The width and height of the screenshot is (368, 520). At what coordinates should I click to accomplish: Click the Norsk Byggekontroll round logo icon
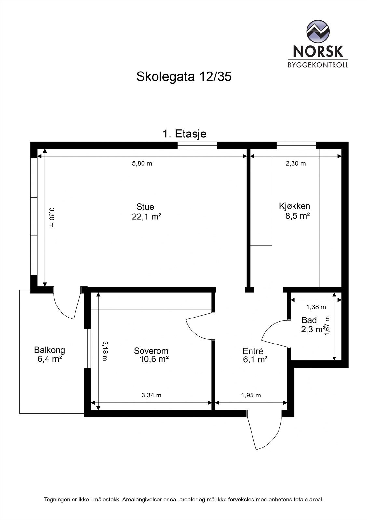point(318,31)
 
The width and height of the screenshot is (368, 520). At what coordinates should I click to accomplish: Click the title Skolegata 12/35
point(184,77)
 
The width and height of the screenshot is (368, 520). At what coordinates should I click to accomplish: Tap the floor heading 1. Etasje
point(184,134)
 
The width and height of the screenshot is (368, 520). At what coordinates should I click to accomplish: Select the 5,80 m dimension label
point(142,163)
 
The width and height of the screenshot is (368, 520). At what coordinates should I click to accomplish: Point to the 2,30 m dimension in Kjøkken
point(295,163)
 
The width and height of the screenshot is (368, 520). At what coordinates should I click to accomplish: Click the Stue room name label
point(145,207)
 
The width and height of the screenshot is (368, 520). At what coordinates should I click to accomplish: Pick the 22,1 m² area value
point(147,217)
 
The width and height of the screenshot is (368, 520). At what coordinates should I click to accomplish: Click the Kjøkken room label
point(294,206)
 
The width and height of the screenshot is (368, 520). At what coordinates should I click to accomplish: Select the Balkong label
point(50,350)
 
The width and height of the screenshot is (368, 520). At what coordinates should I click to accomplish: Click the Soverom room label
point(151,351)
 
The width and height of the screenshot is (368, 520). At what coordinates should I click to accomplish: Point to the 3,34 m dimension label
point(151,395)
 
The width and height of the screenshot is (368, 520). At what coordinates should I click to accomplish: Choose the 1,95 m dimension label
point(251,395)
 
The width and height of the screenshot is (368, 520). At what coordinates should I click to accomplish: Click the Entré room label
point(253,351)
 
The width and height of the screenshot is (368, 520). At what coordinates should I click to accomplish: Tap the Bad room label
point(309,320)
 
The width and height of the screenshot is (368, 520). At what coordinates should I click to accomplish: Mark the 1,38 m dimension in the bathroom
point(316,307)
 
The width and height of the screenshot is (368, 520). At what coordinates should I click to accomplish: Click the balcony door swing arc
point(62,309)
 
